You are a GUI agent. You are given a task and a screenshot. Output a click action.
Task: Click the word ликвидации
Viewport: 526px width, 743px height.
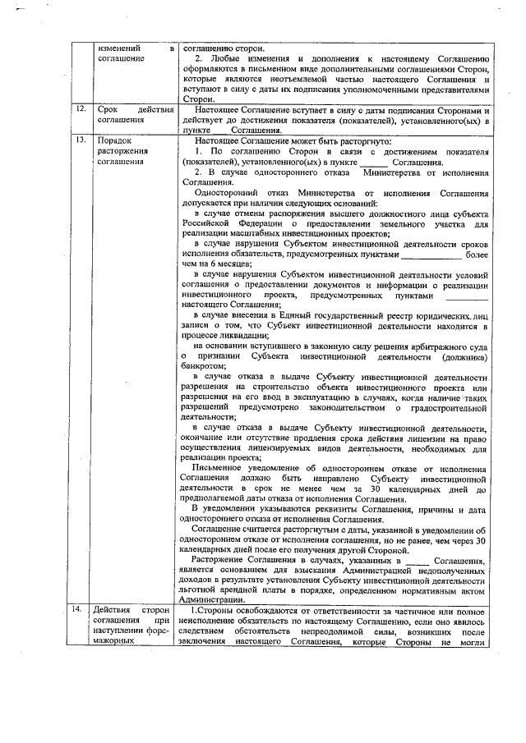tap(242, 337)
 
